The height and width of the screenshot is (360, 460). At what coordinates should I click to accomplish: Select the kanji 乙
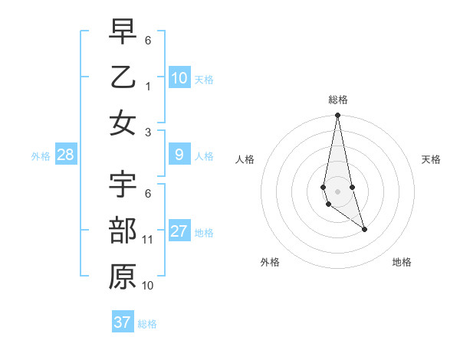point(123,77)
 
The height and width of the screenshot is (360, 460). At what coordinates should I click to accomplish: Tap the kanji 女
point(123,123)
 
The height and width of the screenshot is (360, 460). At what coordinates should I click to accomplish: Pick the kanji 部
point(123,231)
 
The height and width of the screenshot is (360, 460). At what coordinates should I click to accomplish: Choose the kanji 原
point(123,277)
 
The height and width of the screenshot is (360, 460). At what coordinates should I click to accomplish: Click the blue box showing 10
point(179,77)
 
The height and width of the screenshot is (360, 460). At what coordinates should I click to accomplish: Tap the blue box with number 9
point(179,155)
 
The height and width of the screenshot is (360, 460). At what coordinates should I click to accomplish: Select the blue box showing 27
point(179,231)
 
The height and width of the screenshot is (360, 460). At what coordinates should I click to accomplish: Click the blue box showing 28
point(66,155)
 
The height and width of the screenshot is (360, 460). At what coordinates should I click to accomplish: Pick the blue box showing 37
point(123,322)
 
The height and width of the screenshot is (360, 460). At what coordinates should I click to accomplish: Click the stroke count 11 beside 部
point(148,240)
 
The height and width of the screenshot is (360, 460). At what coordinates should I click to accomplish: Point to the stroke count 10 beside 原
point(148,286)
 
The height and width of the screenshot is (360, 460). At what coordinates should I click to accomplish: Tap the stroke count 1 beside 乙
point(148,86)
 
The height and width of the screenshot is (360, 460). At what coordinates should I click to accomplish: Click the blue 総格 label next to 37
point(147,324)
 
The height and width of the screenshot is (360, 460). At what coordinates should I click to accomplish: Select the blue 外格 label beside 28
point(41,156)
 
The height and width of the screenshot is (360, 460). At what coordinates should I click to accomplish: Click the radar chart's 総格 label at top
point(337,100)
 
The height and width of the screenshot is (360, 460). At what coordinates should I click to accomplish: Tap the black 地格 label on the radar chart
point(402,262)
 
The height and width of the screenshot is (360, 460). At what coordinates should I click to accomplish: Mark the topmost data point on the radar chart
point(337,116)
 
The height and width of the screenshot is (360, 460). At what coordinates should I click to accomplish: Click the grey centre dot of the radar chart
point(337,191)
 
